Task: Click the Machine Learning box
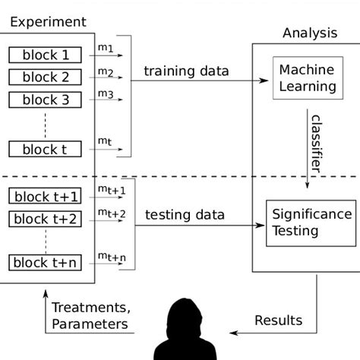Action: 307,78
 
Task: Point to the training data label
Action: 186,71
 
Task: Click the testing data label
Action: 185,215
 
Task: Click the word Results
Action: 278,320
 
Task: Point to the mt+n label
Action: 112,257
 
